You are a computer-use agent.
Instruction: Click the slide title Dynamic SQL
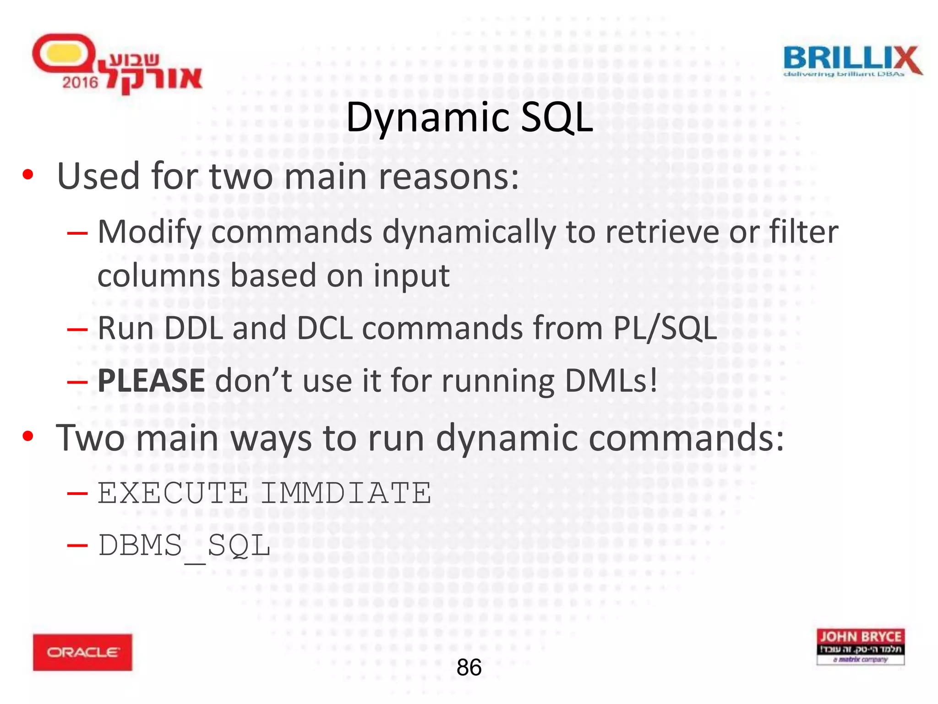click(469, 118)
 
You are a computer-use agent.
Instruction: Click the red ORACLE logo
click(82, 652)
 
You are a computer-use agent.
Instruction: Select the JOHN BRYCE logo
click(860, 646)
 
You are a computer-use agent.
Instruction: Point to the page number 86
click(469, 667)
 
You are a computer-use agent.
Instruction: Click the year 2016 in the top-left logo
click(80, 82)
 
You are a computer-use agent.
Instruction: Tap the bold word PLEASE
click(151, 380)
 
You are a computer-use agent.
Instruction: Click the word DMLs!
click(611, 380)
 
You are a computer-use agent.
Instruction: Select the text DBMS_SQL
click(184, 546)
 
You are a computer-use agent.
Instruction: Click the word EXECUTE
click(173, 493)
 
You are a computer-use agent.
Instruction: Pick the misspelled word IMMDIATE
click(346, 493)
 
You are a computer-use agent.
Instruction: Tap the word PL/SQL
click(665, 328)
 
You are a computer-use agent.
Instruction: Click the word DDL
click(193, 328)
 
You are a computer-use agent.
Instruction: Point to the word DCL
click(325, 328)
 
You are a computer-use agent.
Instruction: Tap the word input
click(411, 276)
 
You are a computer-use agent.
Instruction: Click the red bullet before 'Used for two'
click(28, 175)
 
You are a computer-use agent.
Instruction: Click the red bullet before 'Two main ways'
click(28, 436)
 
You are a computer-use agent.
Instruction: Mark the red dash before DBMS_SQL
click(77, 545)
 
